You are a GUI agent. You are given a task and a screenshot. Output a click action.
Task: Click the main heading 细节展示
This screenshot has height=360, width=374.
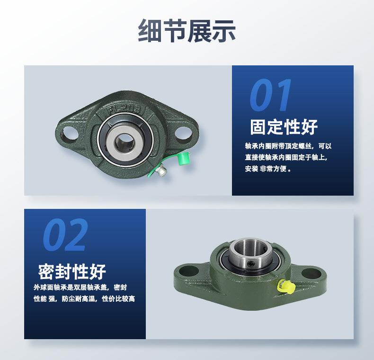coord(187,31)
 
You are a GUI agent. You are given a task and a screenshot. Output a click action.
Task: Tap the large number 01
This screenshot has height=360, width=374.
coord(271,96)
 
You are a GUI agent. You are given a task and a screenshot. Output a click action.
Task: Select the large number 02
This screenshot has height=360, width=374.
coord(65,235)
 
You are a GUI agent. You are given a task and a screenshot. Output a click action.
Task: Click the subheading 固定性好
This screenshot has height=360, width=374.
coord(284,127)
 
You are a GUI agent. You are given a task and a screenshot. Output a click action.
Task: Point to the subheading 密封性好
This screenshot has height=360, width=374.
coord(72,271)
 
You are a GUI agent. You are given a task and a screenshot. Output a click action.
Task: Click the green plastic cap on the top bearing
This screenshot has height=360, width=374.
coord(182,160)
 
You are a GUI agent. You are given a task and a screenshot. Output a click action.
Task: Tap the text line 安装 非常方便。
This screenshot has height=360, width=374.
coord(268,169)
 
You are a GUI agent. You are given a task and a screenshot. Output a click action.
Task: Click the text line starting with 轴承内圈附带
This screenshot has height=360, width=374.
coord(288,146)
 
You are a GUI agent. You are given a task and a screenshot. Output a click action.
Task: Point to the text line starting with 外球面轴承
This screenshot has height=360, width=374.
coord(80,287)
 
